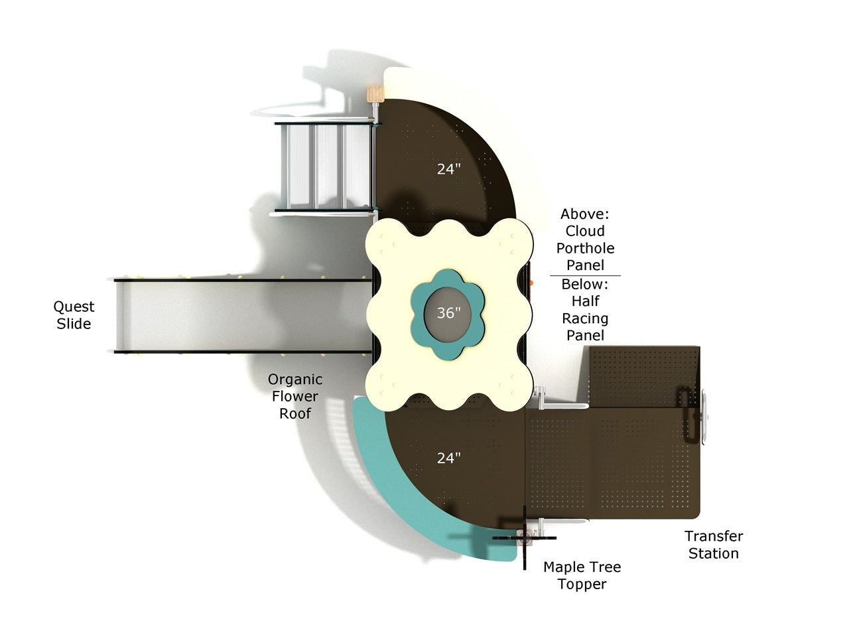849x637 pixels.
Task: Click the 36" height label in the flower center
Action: pos(448,313)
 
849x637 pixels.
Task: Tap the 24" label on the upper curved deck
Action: pos(448,169)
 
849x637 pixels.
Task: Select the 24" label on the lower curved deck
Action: pos(448,459)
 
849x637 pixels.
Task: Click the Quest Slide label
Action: pos(74,315)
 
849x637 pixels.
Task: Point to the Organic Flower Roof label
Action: pos(294,396)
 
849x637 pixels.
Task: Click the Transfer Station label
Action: pos(714,545)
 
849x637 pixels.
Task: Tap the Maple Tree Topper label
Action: pos(582,576)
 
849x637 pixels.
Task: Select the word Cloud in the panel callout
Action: pos(585,231)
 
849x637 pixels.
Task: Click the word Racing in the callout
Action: pos(585,318)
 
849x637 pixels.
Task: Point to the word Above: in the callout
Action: pos(585,214)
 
